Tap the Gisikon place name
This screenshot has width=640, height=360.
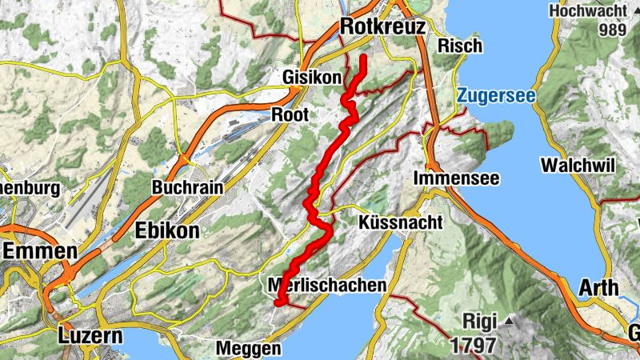point(311,78)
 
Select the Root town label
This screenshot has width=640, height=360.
point(290,114)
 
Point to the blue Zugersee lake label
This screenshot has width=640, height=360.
point(496,97)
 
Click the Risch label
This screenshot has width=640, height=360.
point(461,46)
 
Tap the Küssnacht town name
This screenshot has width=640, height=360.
point(400,222)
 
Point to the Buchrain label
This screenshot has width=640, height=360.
point(186,188)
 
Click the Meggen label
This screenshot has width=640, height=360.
point(249,349)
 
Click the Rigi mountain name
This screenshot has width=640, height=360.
point(480,322)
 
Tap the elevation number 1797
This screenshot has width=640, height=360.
point(473,346)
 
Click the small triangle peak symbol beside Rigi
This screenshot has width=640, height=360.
point(508,322)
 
